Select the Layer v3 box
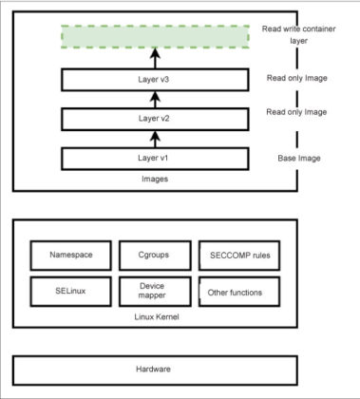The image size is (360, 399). click(140, 80)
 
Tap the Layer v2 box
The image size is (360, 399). click(140, 119)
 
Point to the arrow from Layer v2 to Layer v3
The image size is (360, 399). click(140, 100)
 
